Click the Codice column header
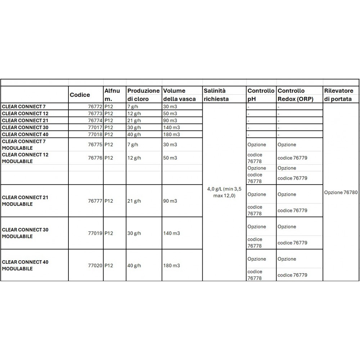click(80, 95)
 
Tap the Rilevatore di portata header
click(339, 95)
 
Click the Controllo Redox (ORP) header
click(295, 95)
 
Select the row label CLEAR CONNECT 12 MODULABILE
click(25, 158)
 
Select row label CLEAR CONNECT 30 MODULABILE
click(25, 233)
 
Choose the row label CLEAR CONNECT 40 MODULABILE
click(25, 265)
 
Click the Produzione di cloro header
click(143, 95)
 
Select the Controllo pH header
click(261, 95)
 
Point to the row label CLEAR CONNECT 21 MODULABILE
click(25, 201)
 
